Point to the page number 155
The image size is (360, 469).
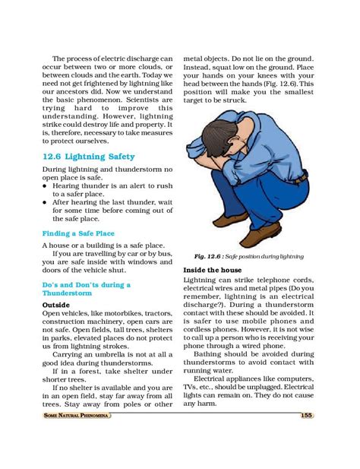(x=306, y=414)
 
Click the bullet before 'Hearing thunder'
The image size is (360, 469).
(x=46, y=185)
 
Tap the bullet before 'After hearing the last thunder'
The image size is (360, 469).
(x=46, y=203)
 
